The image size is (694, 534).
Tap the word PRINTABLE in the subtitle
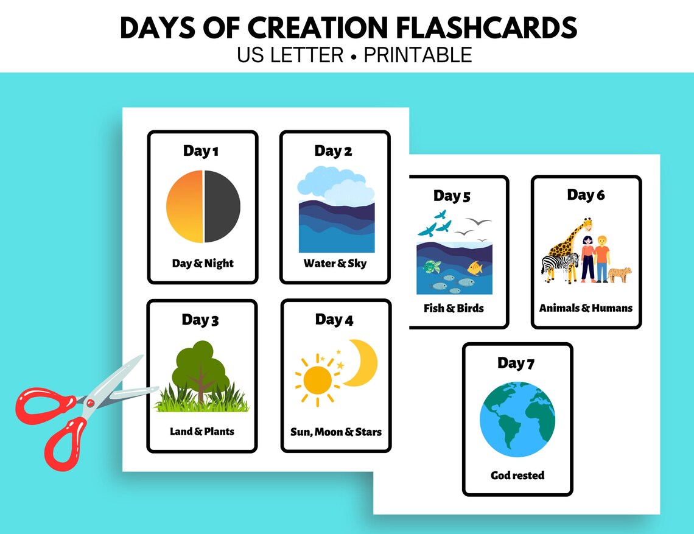pos(418,55)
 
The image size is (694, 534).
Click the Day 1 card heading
pos(200,151)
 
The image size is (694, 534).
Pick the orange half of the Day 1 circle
pos(185,206)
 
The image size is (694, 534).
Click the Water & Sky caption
pos(335,264)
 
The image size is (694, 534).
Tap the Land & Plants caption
pos(202,432)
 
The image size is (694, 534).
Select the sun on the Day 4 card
pos(317,380)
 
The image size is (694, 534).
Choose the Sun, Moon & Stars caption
pos(336,432)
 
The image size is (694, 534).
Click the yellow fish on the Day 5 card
pos(474,267)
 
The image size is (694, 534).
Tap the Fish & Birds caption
pos(454,308)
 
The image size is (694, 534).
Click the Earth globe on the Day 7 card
pos(517,420)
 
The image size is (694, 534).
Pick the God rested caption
pos(517,475)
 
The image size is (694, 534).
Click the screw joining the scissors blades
pos(89,402)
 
